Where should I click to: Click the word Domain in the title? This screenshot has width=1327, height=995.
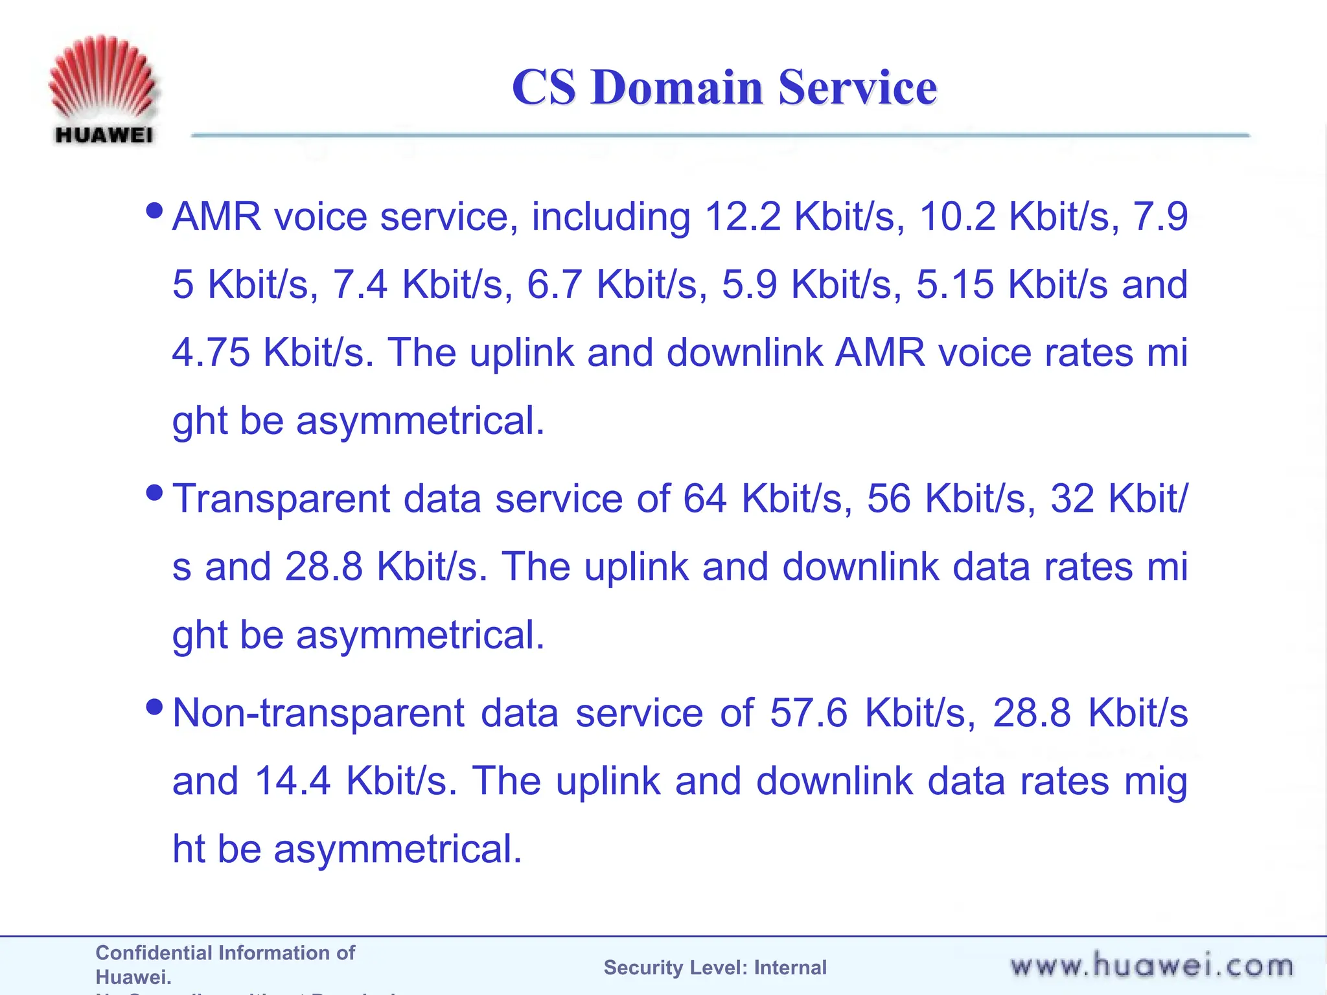[676, 87]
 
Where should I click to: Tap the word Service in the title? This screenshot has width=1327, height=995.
[857, 87]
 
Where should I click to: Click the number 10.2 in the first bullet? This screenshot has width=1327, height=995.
[957, 216]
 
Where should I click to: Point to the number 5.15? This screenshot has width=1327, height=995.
[954, 284]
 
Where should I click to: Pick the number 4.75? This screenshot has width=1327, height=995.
[211, 352]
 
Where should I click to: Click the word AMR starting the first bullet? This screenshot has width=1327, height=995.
[217, 216]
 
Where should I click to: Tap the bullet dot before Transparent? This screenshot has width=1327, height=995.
[155, 493]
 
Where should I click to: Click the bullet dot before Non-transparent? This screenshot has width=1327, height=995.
[155, 707]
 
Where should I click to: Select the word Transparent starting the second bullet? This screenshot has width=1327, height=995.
[281, 499]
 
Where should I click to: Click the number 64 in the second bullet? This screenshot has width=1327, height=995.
[705, 499]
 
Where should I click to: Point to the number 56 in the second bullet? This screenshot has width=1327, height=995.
[888, 499]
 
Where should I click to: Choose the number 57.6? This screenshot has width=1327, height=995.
[808, 713]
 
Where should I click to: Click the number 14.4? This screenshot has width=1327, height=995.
[292, 781]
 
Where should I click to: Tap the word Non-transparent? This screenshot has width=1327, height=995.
[318, 713]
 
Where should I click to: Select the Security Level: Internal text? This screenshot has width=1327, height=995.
[715, 968]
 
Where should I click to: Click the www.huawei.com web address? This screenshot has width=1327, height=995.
[1151, 966]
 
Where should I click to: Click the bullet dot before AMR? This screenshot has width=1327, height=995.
[155, 211]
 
